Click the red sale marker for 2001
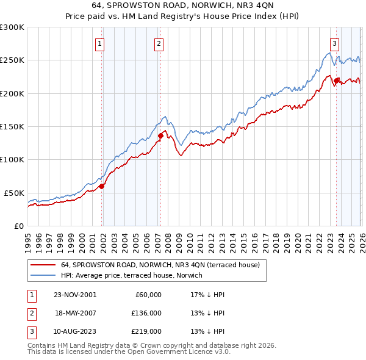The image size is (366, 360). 102,186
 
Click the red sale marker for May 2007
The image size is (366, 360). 160,135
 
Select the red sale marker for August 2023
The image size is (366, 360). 336,80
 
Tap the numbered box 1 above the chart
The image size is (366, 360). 99,43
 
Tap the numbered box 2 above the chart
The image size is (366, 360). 158,43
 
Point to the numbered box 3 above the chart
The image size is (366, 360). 334,43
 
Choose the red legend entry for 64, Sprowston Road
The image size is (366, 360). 160,265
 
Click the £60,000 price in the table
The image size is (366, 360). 148,295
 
